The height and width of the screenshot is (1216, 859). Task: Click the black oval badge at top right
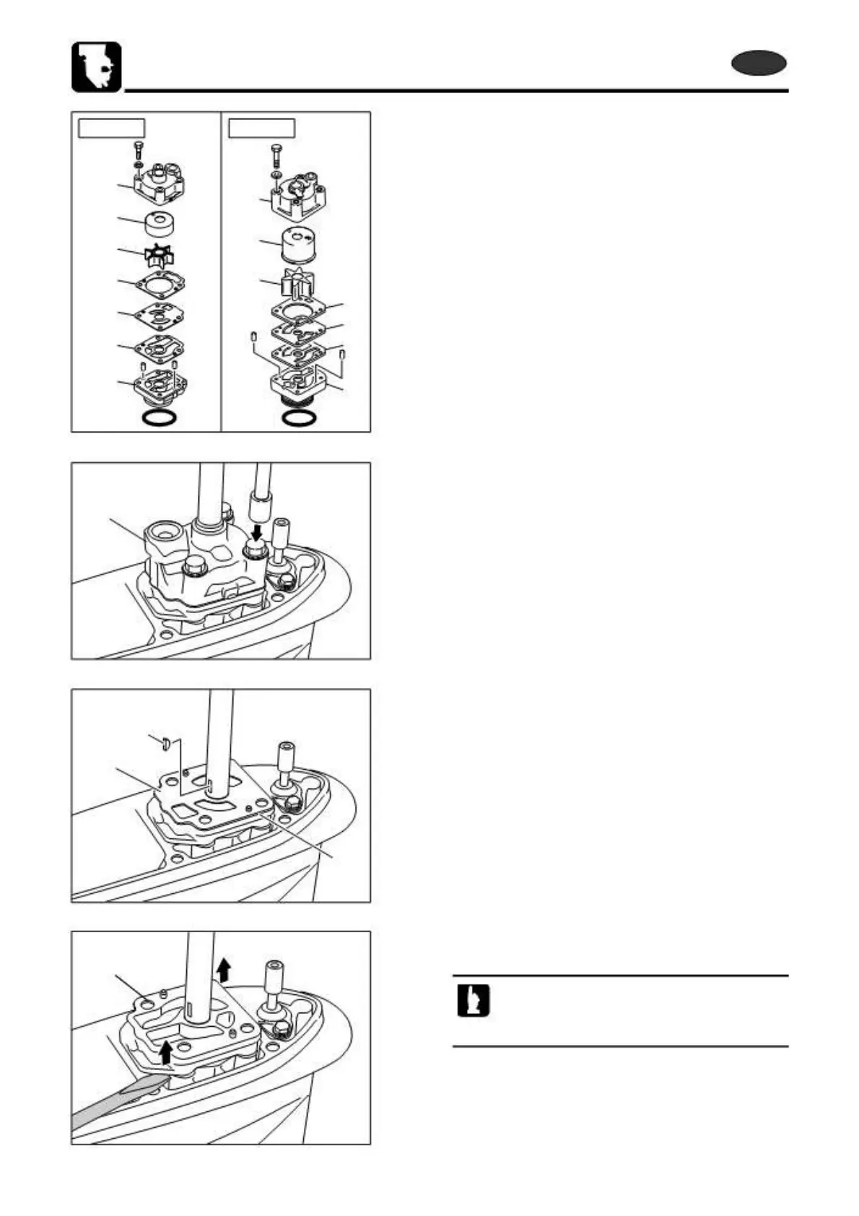(x=759, y=64)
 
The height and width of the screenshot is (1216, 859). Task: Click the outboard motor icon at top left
(x=97, y=67)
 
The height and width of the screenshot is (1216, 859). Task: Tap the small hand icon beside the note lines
(x=473, y=1002)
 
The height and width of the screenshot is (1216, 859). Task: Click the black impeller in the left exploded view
(x=157, y=256)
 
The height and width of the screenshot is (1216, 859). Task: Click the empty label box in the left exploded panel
(x=111, y=128)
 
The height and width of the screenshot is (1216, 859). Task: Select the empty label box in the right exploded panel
(x=261, y=128)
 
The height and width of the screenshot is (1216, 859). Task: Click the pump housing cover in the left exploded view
(x=157, y=186)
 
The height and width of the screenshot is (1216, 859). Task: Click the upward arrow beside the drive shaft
(x=224, y=968)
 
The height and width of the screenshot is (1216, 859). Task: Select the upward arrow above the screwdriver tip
(x=167, y=1051)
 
